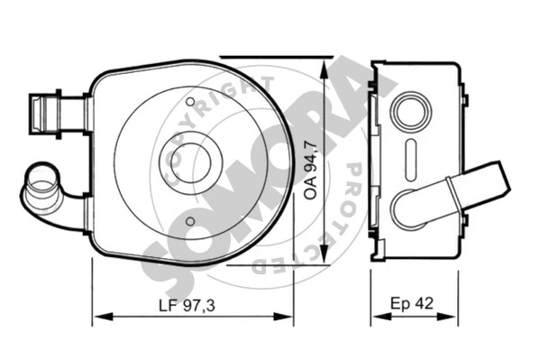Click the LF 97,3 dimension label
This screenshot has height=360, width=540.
[x=187, y=306]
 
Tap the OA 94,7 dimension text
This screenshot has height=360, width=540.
[x=311, y=170]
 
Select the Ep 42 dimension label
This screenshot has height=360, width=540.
[x=412, y=303]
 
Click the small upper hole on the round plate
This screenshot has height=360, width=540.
[x=190, y=102]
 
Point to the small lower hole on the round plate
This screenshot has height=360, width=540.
[x=190, y=221]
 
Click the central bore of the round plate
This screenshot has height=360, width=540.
[x=190, y=162]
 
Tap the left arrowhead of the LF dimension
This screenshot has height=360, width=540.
[x=103, y=316]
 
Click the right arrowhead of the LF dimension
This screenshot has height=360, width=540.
[x=283, y=316]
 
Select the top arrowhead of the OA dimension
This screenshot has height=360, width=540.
[x=324, y=70]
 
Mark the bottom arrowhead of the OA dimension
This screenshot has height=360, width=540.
[x=324, y=254]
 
